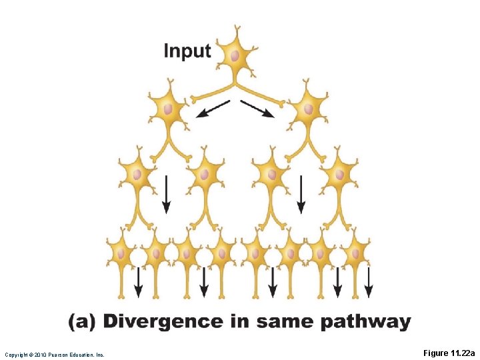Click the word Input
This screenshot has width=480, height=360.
187,51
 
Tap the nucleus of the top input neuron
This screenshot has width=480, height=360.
235,56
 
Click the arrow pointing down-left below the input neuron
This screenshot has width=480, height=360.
213,109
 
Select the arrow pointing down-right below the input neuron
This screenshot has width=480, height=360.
257,109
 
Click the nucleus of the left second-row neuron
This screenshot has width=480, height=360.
167,109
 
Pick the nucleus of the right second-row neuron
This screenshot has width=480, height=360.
309,109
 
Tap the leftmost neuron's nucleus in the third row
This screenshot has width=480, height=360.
136,174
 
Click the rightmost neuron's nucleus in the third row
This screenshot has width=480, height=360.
341,174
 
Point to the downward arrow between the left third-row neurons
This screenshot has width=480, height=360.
166,194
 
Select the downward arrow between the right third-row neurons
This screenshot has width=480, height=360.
301,194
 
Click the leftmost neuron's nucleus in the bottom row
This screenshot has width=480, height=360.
121,254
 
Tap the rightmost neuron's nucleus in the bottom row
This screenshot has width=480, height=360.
354,254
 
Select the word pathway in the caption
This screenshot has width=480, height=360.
365,323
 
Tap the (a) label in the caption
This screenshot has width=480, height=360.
82,322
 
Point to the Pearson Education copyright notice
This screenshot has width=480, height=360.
55,355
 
